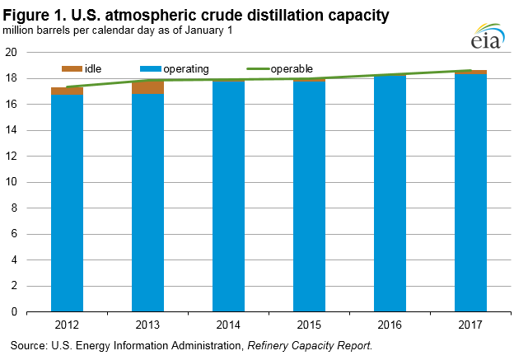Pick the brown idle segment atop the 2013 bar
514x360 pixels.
147,86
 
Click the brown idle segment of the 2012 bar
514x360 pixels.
66,91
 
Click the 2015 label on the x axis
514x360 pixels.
309,324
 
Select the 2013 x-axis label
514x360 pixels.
147,324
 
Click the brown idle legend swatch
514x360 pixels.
71,68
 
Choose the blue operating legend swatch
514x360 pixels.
152,68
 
